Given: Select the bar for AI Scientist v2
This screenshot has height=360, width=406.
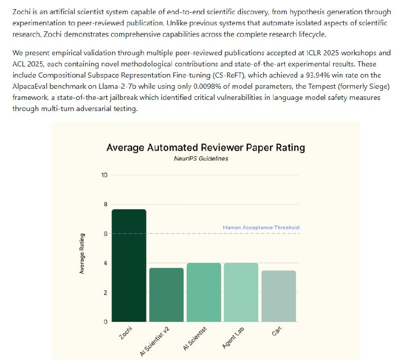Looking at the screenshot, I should (166, 295).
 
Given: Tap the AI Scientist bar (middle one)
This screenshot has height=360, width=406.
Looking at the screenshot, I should (204, 292).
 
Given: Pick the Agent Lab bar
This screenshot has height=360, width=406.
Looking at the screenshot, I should (241, 292).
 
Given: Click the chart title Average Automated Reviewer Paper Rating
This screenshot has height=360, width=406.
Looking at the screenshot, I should (206, 148).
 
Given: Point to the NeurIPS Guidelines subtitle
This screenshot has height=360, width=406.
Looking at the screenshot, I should (206, 159).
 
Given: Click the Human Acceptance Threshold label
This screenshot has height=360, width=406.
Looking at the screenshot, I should (261, 228).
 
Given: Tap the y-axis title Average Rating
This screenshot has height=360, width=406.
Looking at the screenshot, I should (82, 254).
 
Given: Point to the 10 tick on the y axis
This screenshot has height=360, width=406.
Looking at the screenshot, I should (105, 175).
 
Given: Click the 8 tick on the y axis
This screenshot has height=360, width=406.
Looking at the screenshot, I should (106, 205).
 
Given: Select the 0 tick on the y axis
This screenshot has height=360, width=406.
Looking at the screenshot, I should (106, 322).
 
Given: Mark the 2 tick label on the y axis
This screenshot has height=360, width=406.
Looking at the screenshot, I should (106, 293).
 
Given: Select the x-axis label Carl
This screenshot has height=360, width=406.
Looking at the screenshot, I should (276, 334).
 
